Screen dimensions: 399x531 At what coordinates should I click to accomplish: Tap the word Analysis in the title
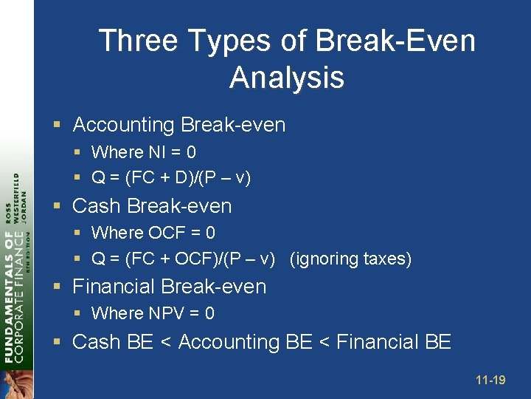coord(287,78)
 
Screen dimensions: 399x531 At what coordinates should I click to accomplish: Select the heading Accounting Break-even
coord(178,125)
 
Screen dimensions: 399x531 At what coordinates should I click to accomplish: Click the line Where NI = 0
coord(143,152)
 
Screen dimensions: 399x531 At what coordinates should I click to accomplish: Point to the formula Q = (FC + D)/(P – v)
coord(170,178)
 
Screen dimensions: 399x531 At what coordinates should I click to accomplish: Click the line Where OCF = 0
coord(153,233)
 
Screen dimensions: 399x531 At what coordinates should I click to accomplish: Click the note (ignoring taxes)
coord(350,259)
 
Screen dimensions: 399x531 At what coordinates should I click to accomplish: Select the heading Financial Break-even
coord(169,286)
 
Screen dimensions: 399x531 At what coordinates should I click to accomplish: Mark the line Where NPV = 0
coord(153,313)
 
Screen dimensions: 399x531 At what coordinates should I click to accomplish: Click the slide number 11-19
coord(490,381)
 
